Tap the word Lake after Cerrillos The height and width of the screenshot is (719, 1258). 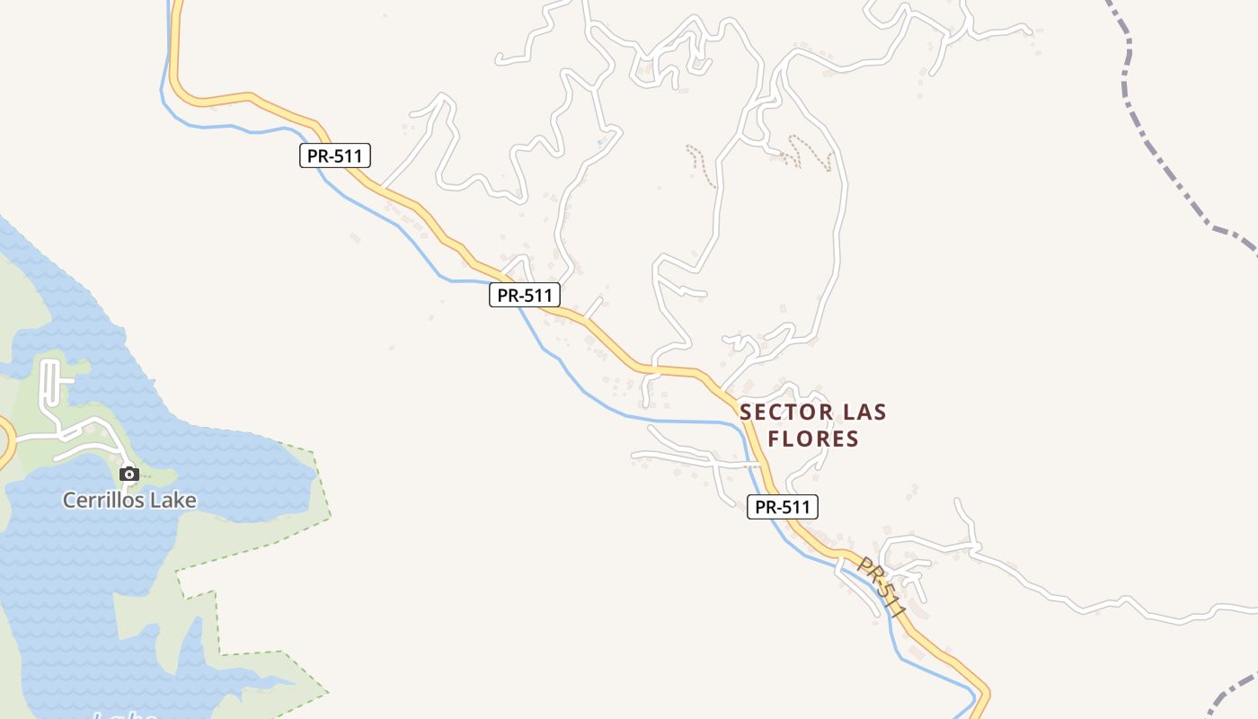coord(173,501)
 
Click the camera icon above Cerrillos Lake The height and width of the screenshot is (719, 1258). coord(128,474)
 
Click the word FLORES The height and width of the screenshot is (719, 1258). coord(813,439)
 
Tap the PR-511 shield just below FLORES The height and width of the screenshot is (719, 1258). coord(782,507)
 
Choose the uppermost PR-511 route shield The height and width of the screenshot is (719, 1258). coord(334,155)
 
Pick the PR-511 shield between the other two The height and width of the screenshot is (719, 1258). coord(525,294)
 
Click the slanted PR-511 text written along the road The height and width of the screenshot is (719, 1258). coord(881,587)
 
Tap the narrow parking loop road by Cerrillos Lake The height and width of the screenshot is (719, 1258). coord(49,382)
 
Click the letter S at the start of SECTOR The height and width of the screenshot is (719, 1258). coord(746,413)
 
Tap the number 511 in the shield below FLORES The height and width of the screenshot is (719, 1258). coord(795,507)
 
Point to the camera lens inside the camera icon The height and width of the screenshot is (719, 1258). coord(128,475)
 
